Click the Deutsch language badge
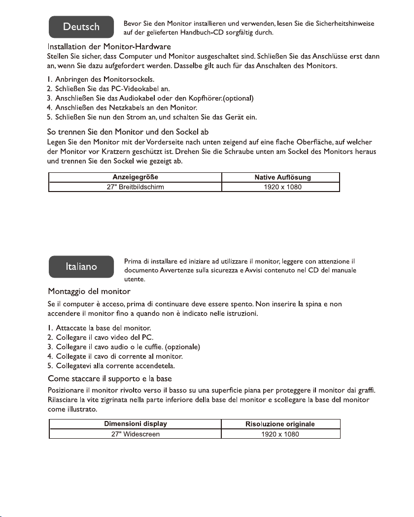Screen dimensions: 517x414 coord(82,28)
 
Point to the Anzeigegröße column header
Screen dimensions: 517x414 coord(135,177)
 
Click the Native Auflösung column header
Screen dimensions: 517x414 coord(281,177)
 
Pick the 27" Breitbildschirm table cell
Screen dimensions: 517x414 coord(135,187)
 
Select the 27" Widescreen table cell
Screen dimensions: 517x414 coord(135,434)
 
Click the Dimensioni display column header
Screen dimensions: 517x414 coord(135,424)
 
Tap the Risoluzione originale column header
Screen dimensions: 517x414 coord(281,424)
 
